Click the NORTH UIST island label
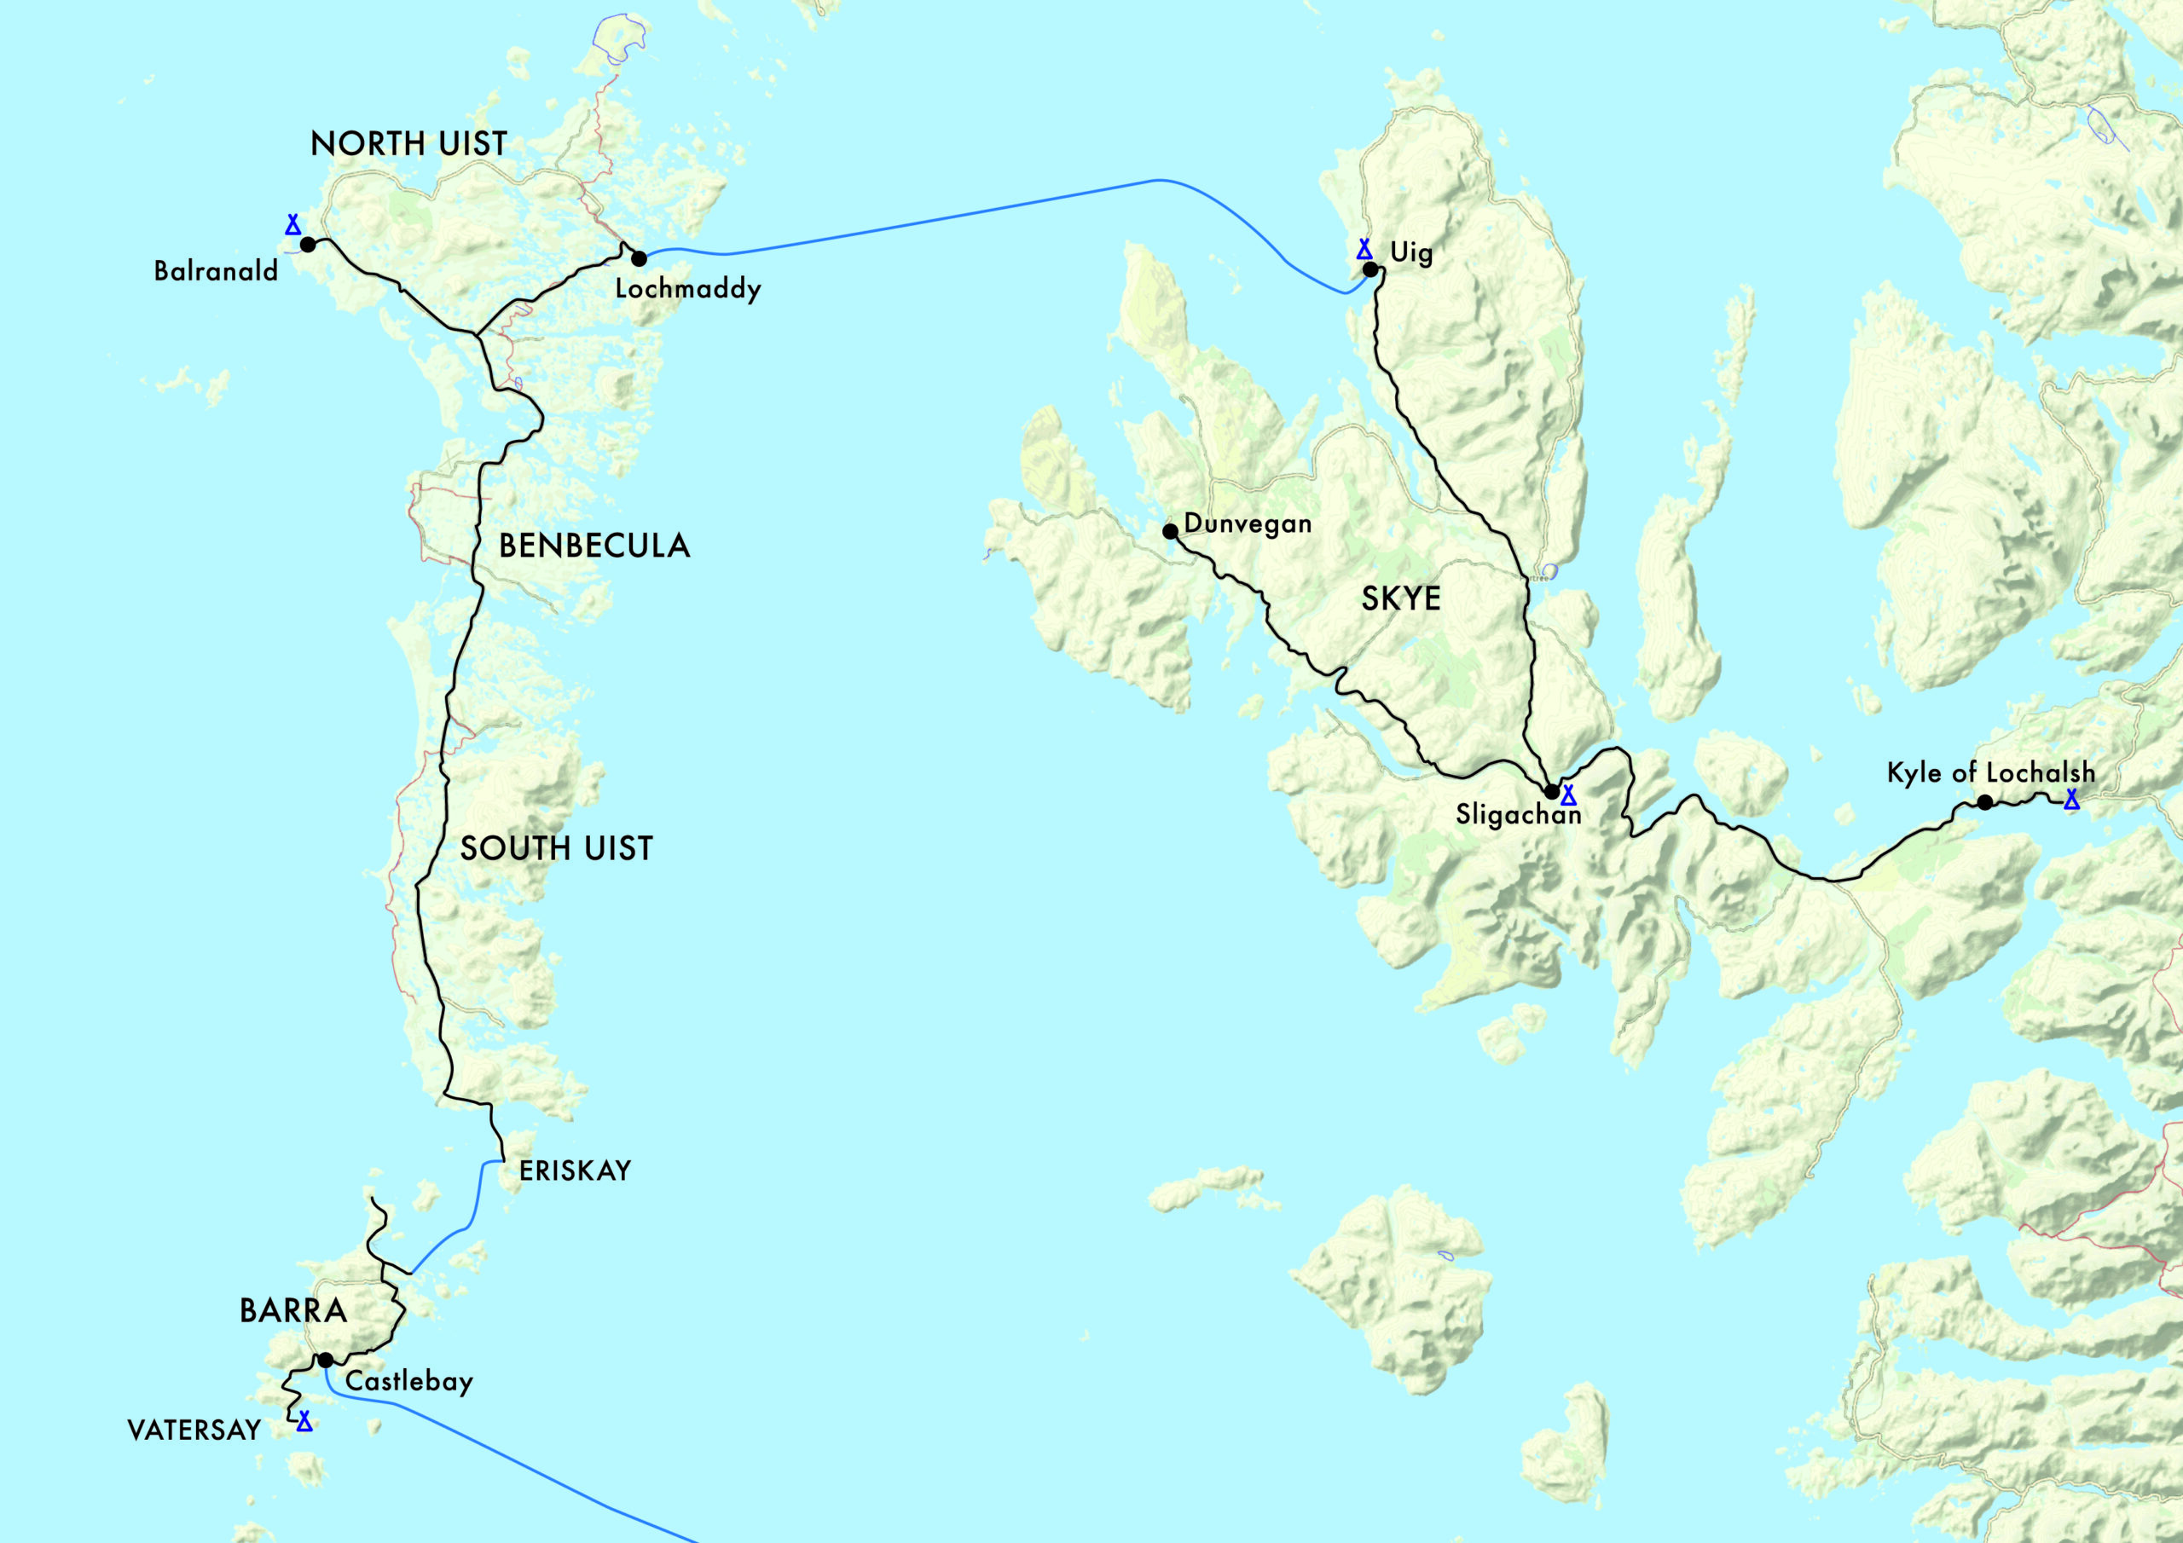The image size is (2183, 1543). pyautogui.click(x=408, y=143)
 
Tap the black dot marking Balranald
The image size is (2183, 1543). pyautogui.click(x=308, y=245)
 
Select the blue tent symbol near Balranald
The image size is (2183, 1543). pyautogui.click(x=292, y=224)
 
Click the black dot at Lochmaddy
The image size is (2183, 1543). pyautogui.click(x=639, y=258)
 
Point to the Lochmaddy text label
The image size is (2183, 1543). pyautogui.click(x=687, y=289)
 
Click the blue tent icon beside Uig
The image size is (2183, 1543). pyautogui.click(x=1364, y=249)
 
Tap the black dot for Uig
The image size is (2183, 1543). pyautogui.click(x=1370, y=270)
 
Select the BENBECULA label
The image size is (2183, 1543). pyautogui.click(x=594, y=546)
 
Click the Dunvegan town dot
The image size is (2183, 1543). pyautogui.click(x=1171, y=531)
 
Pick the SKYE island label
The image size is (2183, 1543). pyautogui.click(x=1400, y=599)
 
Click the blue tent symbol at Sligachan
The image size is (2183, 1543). pyautogui.click(x=1568, y=795)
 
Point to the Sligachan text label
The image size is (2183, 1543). pyautogui.click(x=1519, y=815)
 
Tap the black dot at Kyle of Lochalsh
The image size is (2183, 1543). pyautogui.click(x=1985, y=802)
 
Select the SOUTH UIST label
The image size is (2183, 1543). pyautogui.click(x=556, y=848)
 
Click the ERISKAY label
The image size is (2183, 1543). pyautogui.click(x=574, y=1171)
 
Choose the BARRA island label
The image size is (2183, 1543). pyautogui.click(x=292, y=1311)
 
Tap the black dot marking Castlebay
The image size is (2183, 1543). pyautogui.click(x=325, y=1361)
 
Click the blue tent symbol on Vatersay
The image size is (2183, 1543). pyautogui.click(x=304, y=1421)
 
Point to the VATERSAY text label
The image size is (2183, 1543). pyautogui.click(x=194, y=1430)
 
